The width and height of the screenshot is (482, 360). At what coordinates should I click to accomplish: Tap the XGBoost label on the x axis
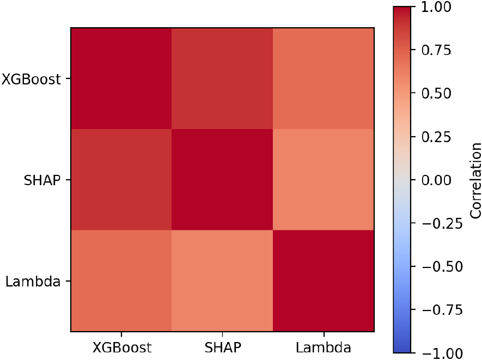(x=121, y=347)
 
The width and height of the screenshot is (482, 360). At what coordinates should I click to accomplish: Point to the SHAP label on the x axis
(x=222, y=347)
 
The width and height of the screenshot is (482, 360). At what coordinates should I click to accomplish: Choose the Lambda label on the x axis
(x=324, y=347)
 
